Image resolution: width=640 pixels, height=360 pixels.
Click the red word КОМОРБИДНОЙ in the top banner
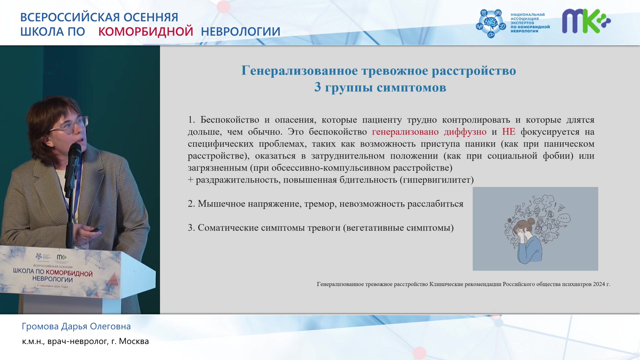pyautogui.click(x=146, y=31)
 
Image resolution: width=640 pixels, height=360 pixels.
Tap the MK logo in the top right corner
pyautogui.click(x=586, y=21)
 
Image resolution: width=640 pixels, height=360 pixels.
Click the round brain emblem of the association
pyautogui.click(x=491, y=23)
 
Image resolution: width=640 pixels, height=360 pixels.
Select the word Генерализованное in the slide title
pyautogui.click(x=300, y=71)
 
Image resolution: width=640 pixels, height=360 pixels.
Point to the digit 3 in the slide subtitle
pyautogui.click(x=318, y=87)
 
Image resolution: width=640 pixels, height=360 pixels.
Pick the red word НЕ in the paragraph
pyautogui.click(x=509, y=132)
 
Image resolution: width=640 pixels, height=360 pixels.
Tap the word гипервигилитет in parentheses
pyautogui.click(x=437, y=180)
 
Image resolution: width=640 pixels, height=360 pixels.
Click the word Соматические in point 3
pyautogui.click(x=228, y=228)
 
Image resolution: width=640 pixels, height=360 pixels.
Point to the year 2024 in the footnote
pyautogui.click(x=599, y=284)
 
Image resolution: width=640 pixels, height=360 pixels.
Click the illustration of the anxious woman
pyautogui.click(x=535, y=229)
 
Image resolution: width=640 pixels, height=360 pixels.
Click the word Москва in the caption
pyautogui.click(x=134, y=341)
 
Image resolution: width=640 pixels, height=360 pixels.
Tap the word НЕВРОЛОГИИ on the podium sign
pyautogui.click(x=53, y=279)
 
